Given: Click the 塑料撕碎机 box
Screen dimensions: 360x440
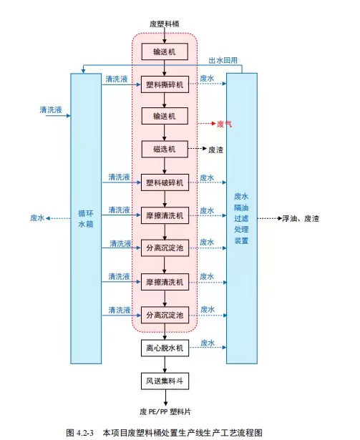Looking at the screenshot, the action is coord(165,84).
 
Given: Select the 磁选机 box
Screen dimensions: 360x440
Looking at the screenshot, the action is coord(165,149).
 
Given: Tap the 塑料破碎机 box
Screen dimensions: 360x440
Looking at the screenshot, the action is coord(165,182).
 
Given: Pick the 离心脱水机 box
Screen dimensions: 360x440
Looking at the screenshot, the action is coord(165,348).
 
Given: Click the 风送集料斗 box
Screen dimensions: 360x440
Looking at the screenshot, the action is coord(165,381).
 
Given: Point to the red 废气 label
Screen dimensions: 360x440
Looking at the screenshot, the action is coord(224,124).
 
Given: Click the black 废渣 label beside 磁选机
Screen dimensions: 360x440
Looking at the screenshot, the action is coord(215,150).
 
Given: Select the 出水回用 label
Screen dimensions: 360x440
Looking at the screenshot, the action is coord(223,60).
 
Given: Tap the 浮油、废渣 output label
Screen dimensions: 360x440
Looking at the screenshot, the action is coord(301,219).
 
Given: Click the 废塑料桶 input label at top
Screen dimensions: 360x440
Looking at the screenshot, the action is coord(165,24).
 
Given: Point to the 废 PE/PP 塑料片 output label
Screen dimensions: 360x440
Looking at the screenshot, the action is coord(165,411).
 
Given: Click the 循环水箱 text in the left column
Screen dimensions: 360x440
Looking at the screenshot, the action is coord(86,219).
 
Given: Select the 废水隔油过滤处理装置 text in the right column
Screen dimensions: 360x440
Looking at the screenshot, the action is coord(241,218).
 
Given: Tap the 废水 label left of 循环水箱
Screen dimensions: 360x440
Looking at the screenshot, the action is coord(37,217).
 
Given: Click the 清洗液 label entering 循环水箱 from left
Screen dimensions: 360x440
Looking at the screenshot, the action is coord(51,109).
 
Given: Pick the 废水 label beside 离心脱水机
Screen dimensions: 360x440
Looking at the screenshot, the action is coord(208,343).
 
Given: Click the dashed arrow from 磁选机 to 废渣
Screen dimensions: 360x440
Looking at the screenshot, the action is coord(198,149).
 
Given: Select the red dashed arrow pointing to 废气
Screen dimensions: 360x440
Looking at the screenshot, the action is coord(207,124).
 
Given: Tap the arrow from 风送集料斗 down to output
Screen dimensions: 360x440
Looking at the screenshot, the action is coord(165,398).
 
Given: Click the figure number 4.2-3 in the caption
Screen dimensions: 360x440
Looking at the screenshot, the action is coord(84,433).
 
